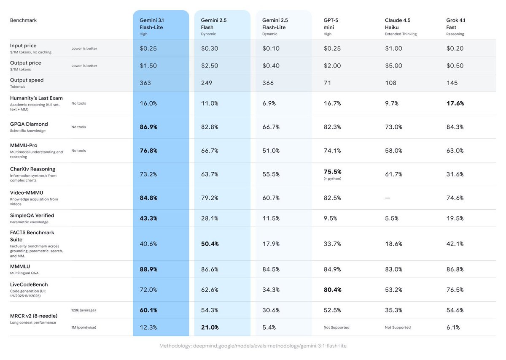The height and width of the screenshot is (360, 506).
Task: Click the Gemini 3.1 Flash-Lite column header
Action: point(151,24)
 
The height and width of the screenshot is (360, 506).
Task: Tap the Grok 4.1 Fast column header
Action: point(456,24)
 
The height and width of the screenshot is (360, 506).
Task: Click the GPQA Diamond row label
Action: point(29,124)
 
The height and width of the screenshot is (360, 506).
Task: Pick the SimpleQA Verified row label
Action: point(32,216)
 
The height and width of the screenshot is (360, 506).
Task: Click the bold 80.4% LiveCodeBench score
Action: point(332,290)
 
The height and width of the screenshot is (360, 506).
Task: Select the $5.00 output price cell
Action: point(393,66)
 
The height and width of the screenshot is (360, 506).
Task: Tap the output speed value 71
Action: point(328,83)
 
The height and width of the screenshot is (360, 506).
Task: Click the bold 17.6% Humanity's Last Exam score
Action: point(455,103)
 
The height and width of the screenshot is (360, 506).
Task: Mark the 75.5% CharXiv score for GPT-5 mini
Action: point(332,172)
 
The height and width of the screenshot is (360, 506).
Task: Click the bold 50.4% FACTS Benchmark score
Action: point(210,244)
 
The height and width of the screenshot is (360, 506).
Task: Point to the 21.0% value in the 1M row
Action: point(210,327)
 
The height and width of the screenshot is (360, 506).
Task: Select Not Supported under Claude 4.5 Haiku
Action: point(398,328)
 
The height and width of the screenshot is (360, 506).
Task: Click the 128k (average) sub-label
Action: point(83,310)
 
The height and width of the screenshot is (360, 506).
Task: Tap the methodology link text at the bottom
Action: point(253,346)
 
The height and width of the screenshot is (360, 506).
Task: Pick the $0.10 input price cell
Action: point(271,49)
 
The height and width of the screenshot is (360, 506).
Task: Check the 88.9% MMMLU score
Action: point(148,269)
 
